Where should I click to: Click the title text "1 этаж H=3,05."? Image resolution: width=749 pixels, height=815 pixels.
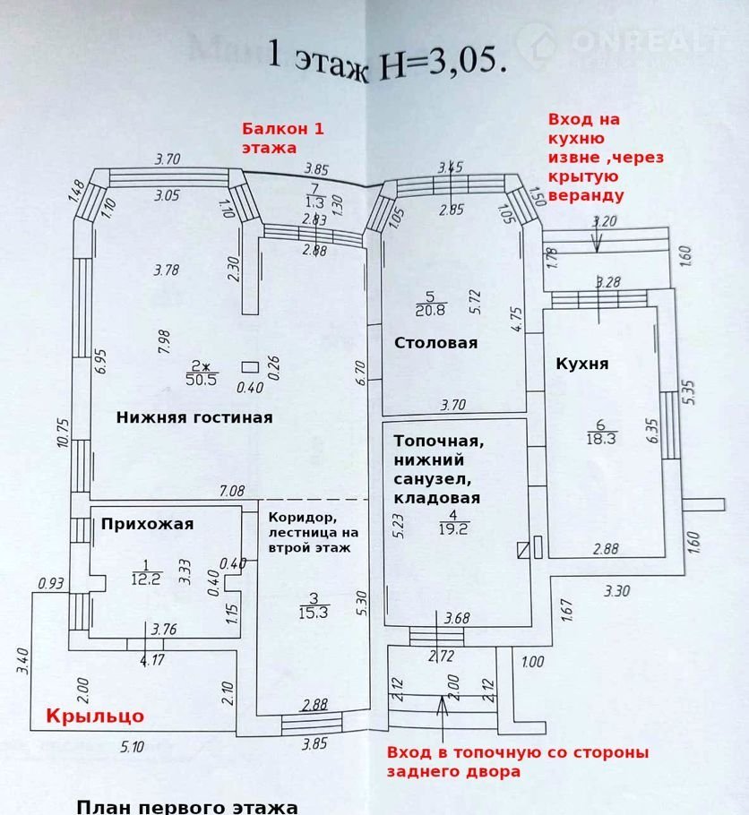(387, 59)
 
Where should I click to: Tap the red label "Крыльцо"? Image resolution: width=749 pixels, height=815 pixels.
(94, 716)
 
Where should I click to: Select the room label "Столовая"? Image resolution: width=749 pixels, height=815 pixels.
(435, 343)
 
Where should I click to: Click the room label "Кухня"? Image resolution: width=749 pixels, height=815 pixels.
(582, 364)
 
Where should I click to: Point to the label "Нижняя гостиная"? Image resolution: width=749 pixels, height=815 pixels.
(194, 417)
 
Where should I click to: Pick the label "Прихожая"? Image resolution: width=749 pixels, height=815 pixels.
(147, 525)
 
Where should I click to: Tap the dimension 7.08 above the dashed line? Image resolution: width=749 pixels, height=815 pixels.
(233, 491)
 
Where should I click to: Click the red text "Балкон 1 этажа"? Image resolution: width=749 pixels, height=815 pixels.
(281, 138)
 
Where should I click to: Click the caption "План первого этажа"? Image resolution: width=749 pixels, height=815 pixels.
(187, 807)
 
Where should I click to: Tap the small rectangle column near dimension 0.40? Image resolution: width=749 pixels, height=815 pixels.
(250, 365)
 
